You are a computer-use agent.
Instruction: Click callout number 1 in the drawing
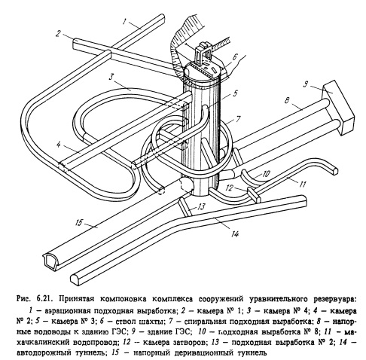click(124, 21)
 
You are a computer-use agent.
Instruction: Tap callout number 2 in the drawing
click(58, 33)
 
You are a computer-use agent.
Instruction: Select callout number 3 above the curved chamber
click(111, 77)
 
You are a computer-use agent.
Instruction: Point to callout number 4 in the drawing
click(59, 145)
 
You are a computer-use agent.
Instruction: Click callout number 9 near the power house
click(306, 84)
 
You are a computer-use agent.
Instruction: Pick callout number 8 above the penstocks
click(287, 100)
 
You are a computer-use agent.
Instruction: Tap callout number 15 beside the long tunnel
click(78, 222)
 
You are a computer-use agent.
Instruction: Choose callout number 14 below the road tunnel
click(235, 234)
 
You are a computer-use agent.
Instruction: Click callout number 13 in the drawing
click(201, 206)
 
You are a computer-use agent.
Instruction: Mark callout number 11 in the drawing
click(303, 185)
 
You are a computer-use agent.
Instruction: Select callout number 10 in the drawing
click(266, 173)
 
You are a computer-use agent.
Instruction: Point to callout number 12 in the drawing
click(230, 188)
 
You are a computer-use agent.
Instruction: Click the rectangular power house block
click(337, 107)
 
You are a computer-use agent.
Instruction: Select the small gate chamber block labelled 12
click(254, 195)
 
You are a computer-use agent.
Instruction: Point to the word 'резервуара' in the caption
click(335, 299)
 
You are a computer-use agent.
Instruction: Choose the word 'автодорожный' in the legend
click(43, 353)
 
